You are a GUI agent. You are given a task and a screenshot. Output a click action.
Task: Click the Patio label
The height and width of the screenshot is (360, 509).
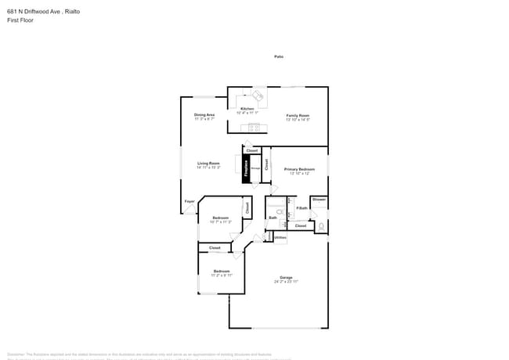pos(278,56)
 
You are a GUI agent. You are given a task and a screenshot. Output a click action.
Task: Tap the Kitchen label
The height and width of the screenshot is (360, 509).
pos(247,109)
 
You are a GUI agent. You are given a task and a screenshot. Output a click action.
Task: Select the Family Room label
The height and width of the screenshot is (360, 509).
pos(297,115)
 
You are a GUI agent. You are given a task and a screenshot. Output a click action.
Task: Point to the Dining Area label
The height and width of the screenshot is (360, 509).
pos(204,115)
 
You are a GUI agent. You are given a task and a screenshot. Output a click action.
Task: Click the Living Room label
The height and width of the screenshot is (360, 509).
pos(208,163)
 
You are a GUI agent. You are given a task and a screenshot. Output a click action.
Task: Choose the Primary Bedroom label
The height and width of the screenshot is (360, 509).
pos(299,169)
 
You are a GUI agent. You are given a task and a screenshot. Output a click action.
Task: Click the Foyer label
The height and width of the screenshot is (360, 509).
pos(189,201)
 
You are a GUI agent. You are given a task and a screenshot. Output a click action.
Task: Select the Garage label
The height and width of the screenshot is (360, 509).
pos(286,277)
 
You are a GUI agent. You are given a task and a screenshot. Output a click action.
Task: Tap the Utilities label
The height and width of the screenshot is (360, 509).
pos(280,237)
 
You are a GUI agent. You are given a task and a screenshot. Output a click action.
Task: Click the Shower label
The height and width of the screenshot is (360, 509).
pos(319,200)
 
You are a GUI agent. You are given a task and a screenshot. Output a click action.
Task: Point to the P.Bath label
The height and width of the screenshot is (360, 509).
pos(301,208)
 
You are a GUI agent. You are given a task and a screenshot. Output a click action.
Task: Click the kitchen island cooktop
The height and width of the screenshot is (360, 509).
pos(254,128)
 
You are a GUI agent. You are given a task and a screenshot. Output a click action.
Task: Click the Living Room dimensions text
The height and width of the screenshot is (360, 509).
pos(208,167)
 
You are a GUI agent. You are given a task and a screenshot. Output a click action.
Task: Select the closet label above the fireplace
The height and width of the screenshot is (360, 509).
pos(251,150)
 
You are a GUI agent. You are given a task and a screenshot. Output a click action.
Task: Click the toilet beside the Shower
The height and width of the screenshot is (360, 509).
pos(320,227)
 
